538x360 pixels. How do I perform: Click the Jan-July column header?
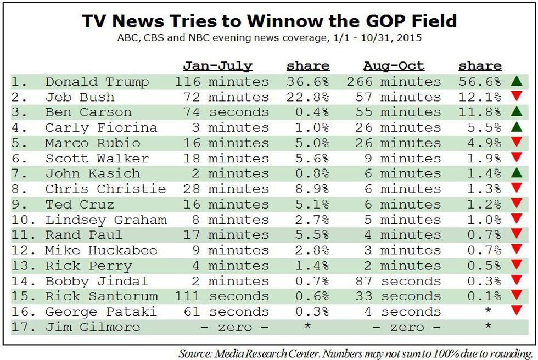(x=217, y=66)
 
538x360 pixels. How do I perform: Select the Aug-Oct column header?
(x=394, y=66)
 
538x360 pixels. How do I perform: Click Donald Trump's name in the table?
(x=97, y=82)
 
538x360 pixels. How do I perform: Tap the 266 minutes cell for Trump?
(x=394, y=82)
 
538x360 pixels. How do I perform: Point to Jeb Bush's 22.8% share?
(x=308, y=97)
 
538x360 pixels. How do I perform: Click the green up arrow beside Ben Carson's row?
(x=517, y=111)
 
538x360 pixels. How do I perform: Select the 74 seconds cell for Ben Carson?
(x=226, y=113)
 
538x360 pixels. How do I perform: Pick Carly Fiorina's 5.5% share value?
(x=484, y=127)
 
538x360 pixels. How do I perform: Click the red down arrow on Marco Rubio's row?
(x=517, y=142)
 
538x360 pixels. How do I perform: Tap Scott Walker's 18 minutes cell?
(x=226, y=159)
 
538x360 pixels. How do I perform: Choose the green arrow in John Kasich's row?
(x=517, y=172)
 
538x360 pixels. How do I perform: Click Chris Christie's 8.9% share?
(x=312, y=189)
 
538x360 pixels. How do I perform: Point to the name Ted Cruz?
(x=80, y=204)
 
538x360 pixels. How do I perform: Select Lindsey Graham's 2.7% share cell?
(x=312, y=220)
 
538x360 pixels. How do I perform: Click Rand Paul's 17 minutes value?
(x=226, y=235)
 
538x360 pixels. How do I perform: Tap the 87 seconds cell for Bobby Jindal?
(x=398, y=281)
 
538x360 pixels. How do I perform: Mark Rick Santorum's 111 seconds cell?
(x=222, y=296)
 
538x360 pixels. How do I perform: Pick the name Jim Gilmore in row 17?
(x=93, y=327)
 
